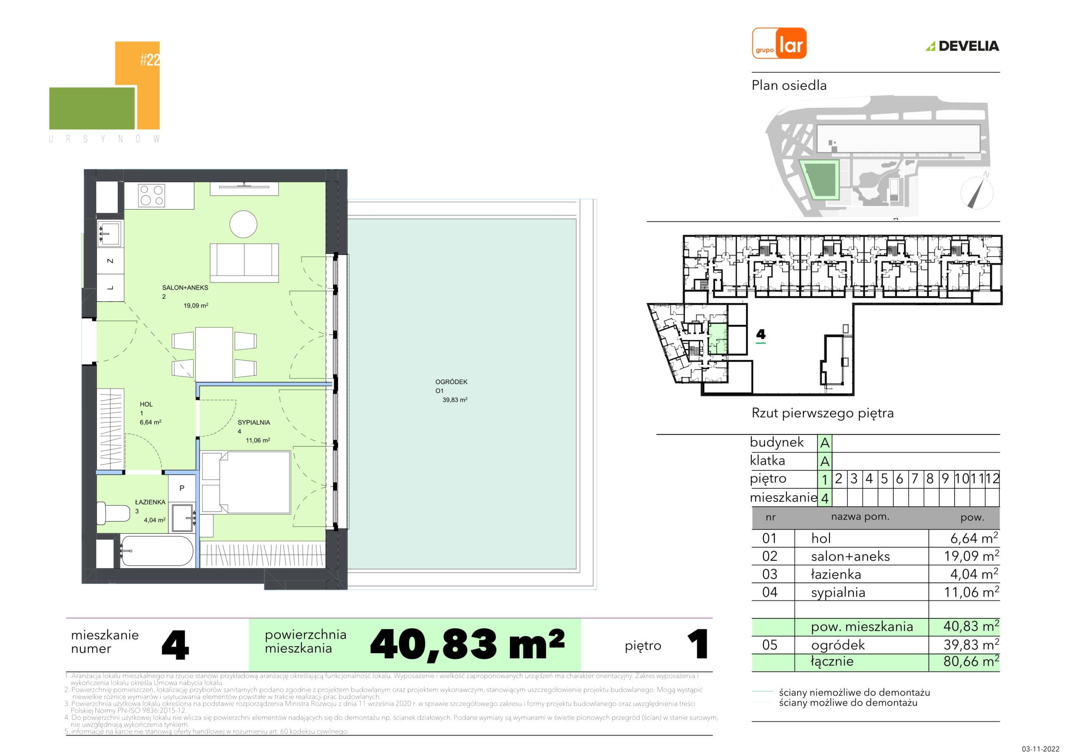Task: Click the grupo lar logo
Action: tap(779, 43)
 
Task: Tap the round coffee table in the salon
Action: tap(243, 225)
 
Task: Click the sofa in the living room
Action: tap(245, 263)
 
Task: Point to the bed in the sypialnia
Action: tap(246, 483)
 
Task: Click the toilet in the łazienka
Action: tap(113, 512)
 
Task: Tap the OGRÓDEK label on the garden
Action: tap(451, 382)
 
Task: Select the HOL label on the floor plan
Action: tap(146, 404)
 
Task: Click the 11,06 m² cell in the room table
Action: tap(971, 592)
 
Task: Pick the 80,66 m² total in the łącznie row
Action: tap(971, 661)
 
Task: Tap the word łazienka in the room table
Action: tap(836, 575)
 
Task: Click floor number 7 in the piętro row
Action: tap(915, 478)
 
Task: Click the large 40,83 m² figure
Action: tap(468, 644)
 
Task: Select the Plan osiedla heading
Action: tap(789, 85)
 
